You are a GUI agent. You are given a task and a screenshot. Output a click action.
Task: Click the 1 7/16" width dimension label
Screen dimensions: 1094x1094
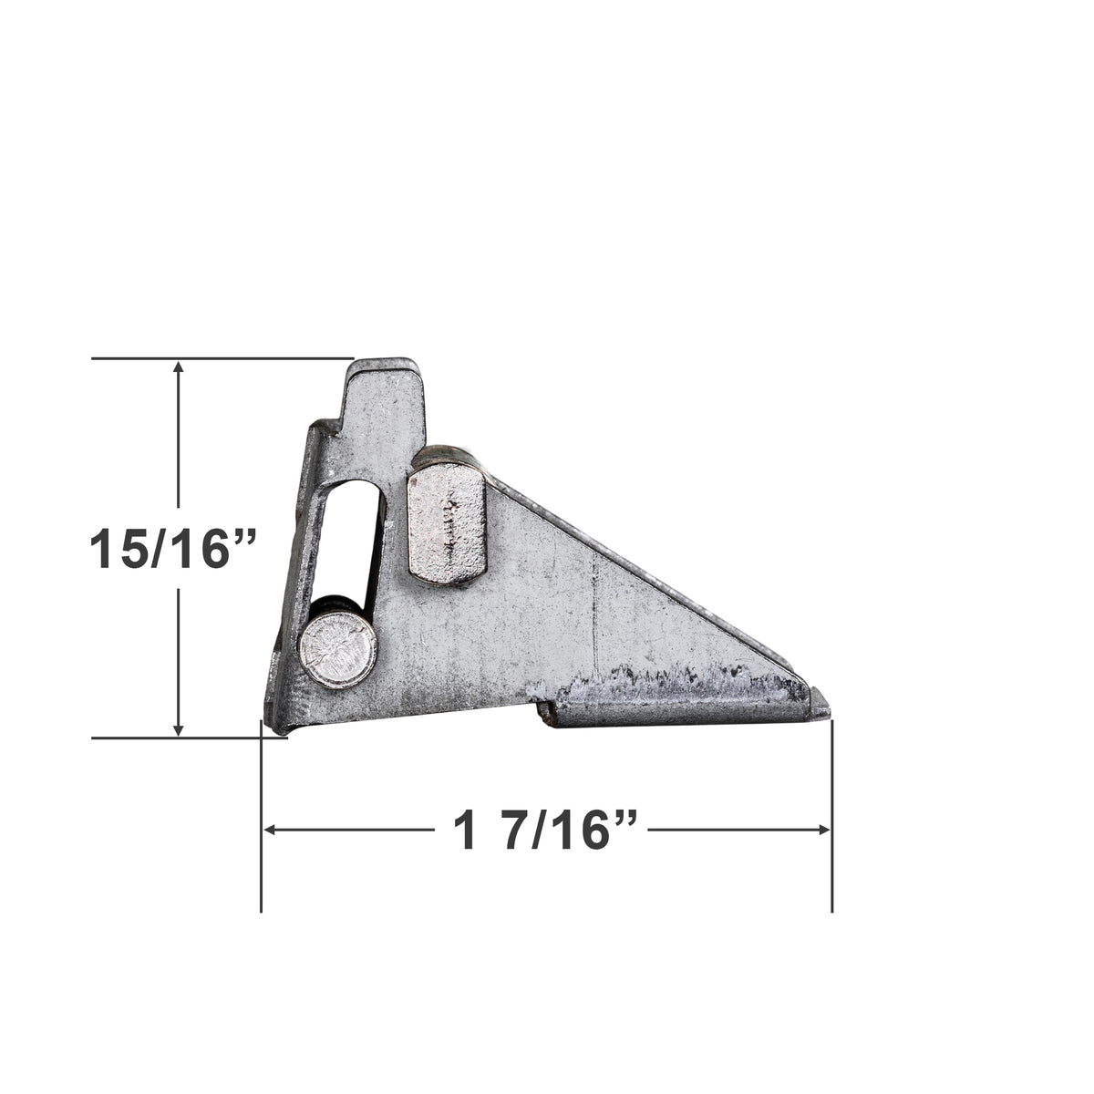coord(545,831)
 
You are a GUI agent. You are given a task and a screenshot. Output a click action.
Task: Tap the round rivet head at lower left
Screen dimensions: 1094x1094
coord(337,649)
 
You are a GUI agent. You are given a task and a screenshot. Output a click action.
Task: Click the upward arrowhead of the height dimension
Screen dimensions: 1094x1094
coord(179,367)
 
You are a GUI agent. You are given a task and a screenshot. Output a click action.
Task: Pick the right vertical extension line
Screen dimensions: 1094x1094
coord(831,820)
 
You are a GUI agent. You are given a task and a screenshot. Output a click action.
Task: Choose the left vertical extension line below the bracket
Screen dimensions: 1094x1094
coord(262,820)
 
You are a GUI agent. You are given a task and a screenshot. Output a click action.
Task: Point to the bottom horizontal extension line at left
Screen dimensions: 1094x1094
coord(182,738)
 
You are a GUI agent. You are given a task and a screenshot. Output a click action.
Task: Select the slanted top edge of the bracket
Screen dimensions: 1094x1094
coord(638,565)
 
